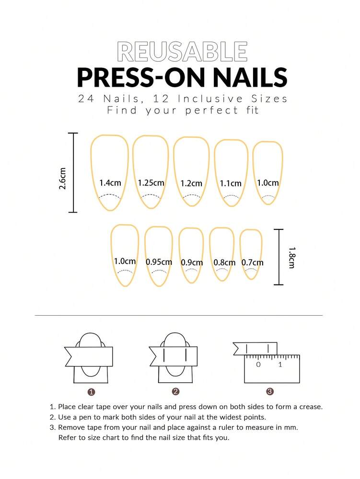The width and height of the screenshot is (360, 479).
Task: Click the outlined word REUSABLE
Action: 182,52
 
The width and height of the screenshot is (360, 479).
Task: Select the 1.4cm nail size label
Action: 110,183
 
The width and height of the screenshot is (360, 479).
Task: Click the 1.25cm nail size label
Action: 151,183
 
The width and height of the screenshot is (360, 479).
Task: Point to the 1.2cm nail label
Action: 191,183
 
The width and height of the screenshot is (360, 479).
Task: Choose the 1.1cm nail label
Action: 231,183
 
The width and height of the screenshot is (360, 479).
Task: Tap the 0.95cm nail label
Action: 159,262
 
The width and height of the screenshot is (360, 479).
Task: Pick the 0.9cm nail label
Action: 192,262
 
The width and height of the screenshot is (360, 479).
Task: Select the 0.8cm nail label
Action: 224,262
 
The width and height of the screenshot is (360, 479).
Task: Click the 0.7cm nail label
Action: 253,262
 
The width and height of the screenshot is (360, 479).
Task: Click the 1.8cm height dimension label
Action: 291,257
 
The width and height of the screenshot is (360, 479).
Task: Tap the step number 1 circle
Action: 92,392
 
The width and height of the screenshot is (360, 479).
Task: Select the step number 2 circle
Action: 175,392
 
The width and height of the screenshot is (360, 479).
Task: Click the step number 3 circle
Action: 269,392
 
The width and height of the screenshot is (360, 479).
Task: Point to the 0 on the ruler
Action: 258,365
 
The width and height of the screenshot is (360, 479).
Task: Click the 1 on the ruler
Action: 280,365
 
